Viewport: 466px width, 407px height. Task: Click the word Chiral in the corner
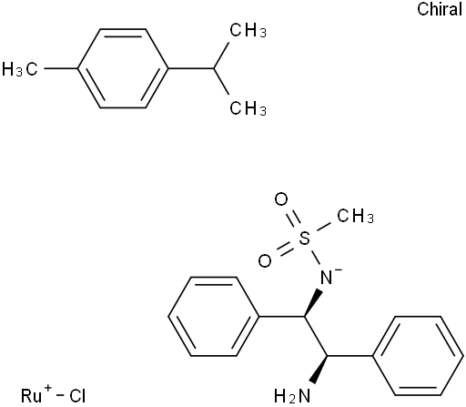click(440, 9)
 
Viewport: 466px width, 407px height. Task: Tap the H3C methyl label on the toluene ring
click(20, 68)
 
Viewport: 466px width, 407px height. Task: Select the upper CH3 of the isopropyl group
click(248, 30)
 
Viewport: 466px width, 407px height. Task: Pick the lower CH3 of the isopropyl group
click(248, 108)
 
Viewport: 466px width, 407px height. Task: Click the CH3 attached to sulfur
click(355, 216)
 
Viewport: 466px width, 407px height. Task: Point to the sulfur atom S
click(304, 238)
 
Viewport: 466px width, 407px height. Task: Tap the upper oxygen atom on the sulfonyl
click(281, 199)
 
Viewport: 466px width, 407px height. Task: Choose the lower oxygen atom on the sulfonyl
click(265, 261)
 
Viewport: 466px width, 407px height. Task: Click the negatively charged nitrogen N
click(327, 278)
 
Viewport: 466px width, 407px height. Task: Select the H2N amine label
click(292, 396)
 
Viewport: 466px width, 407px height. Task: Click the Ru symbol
click(31, 396)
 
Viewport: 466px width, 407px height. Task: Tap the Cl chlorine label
click(77, 396)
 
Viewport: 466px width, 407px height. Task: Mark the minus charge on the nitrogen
click(339, 270)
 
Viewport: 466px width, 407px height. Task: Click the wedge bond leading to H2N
click(320, 370)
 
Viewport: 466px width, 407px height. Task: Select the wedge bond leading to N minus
click(313, 302)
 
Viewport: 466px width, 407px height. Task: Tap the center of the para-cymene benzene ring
click(123, 68)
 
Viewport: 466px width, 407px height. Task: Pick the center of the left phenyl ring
click(214, 316)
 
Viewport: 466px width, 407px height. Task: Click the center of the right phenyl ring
click(419, 356)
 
